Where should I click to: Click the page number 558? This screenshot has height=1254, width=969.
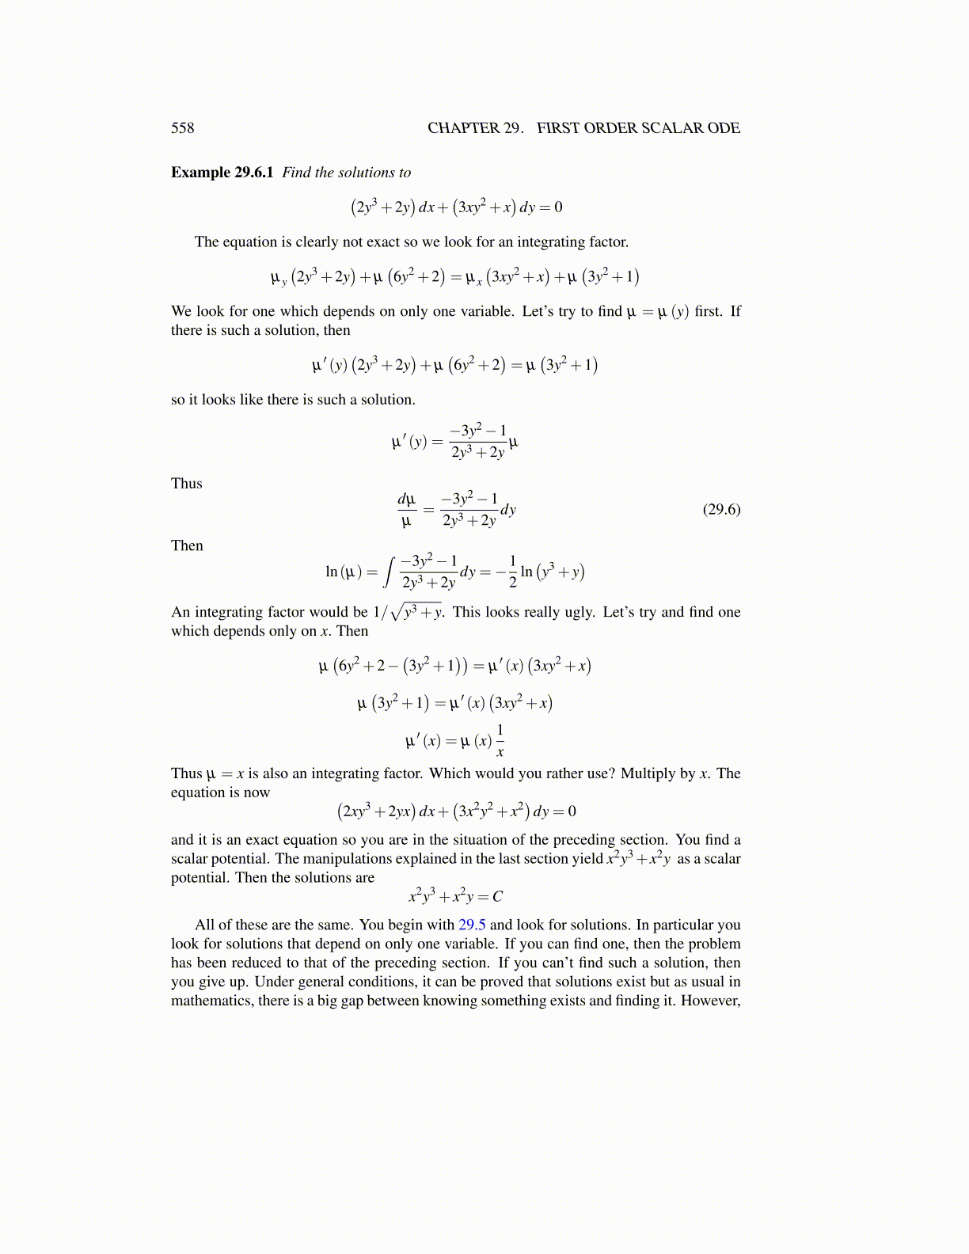(x=182, y=128)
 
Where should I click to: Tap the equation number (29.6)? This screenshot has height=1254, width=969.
(x=721, y=509)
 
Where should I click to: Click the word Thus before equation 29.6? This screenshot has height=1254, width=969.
(x=187, y=484)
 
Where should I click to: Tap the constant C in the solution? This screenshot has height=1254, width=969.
(x=497, y=897)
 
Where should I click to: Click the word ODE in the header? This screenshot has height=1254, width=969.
(x=724, y=128)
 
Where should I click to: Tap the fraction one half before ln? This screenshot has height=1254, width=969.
(x=512, y=572)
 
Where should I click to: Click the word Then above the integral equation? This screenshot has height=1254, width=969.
(x=187, y=545)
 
